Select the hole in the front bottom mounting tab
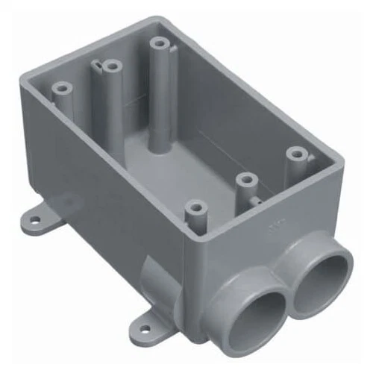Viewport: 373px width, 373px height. (x=142, y=325)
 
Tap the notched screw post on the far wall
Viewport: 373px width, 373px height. (x=111, y=66)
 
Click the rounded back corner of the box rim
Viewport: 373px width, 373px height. (x=161, y=20)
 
